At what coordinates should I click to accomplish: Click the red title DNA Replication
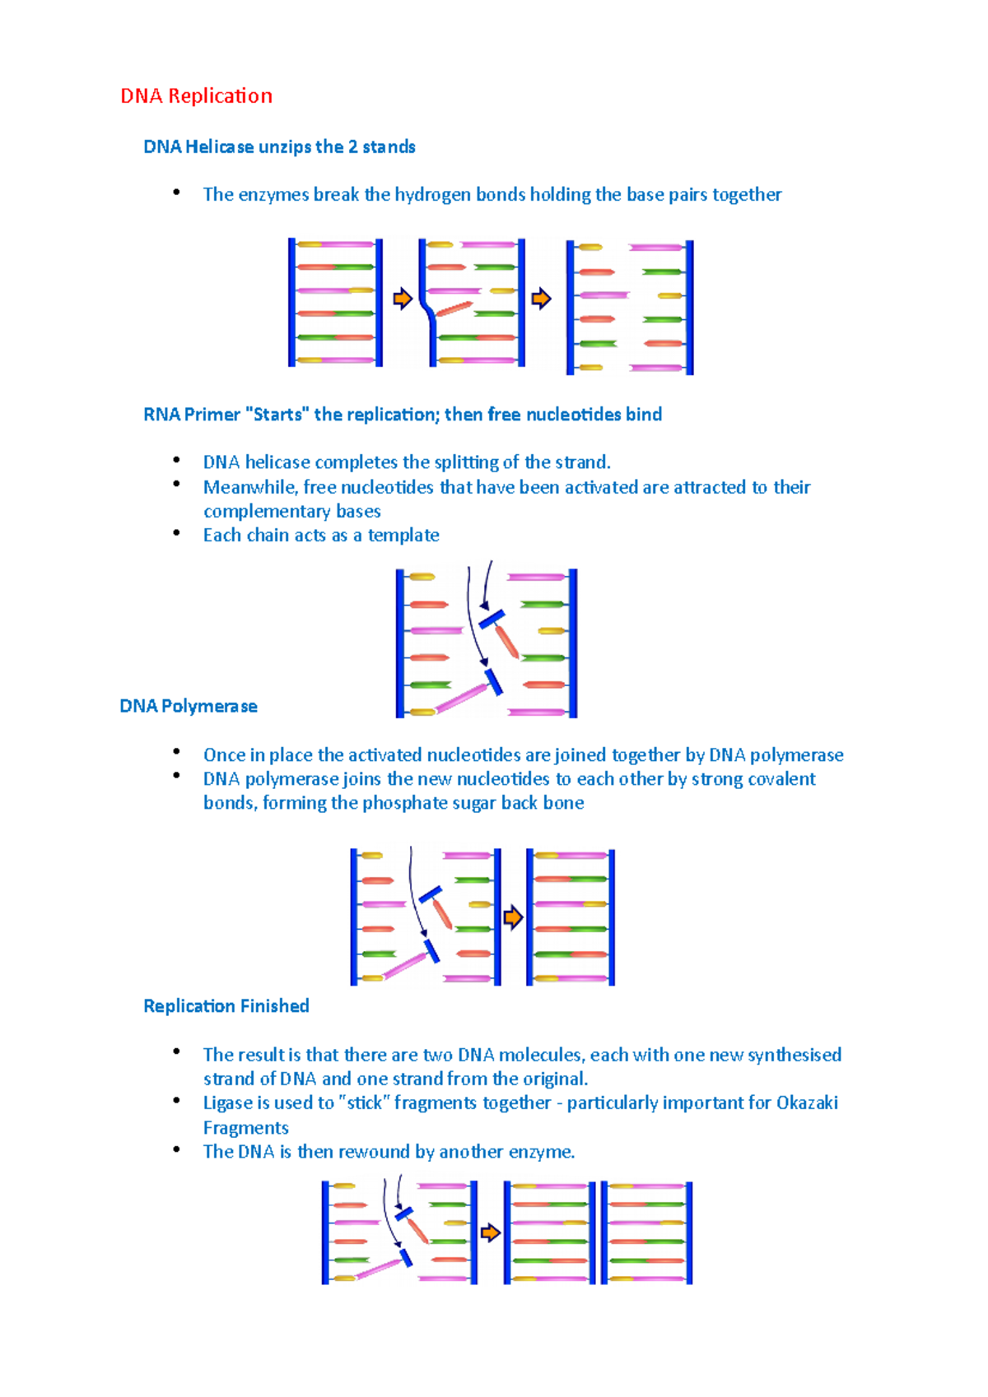(x=196, y=96)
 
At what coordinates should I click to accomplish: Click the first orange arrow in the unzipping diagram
(x=402, y=299)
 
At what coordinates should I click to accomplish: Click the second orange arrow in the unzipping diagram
(x=541, y=299)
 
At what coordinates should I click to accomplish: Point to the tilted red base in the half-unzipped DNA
(x=454, y=309)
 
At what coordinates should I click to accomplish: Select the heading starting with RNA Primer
(x=402, y=415)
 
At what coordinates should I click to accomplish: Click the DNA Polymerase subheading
(x=189, y=707)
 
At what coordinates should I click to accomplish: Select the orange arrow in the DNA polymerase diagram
(x=513, y=917)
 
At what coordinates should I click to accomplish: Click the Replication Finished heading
(x=226, y=1006)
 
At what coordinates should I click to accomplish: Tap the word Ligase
(x=228, y=1103)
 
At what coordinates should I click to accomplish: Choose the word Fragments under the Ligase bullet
(x=245, y=1128)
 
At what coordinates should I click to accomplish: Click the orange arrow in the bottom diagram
(x=490, y=1232)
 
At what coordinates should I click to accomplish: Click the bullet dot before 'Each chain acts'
(x=176, y=533)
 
